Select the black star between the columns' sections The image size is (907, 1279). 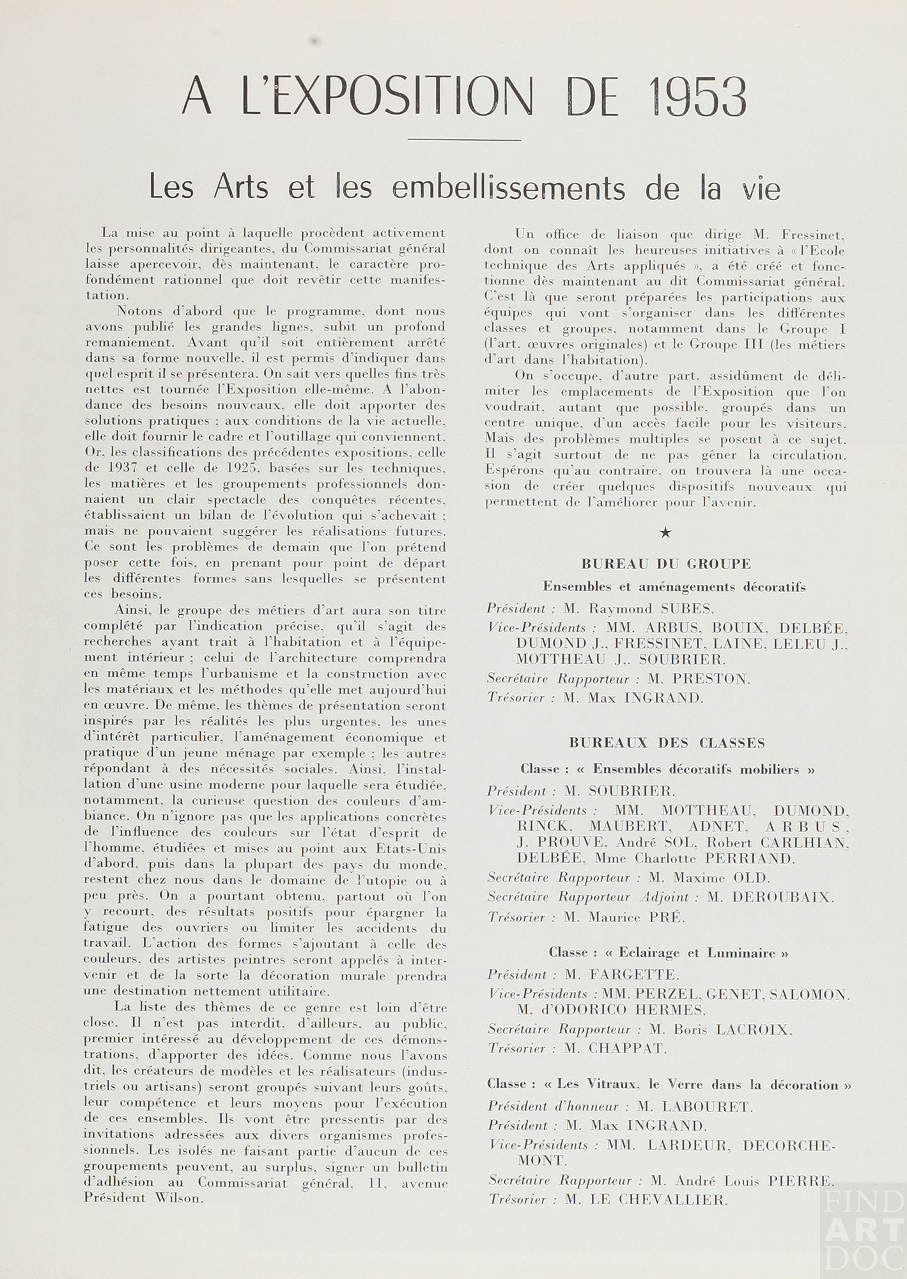(x=665, y=532)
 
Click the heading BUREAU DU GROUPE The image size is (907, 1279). (x=666, y=564)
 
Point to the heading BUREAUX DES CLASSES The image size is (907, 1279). (x=667, y=743)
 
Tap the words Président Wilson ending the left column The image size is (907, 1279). (x=144, y=1198)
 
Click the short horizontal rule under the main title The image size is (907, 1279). (x=465, y=139)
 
